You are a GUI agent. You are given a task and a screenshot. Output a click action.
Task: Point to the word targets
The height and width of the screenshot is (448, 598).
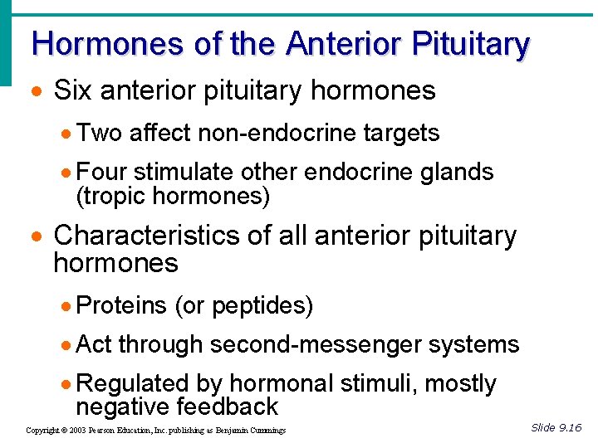point(402,132)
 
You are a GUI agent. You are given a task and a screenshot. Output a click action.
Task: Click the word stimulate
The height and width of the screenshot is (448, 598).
point(184,172)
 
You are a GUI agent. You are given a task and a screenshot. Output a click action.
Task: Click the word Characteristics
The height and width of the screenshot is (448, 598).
point(146,236)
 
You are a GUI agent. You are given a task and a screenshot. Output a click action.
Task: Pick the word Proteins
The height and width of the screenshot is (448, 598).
point(121,305)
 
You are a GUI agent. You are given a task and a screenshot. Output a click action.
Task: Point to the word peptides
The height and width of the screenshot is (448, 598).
point(259,306)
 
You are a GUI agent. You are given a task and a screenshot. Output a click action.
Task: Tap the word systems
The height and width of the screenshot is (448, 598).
point(481,344)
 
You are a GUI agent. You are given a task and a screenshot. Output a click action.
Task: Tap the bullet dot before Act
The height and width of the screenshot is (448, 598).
point(67,345)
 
